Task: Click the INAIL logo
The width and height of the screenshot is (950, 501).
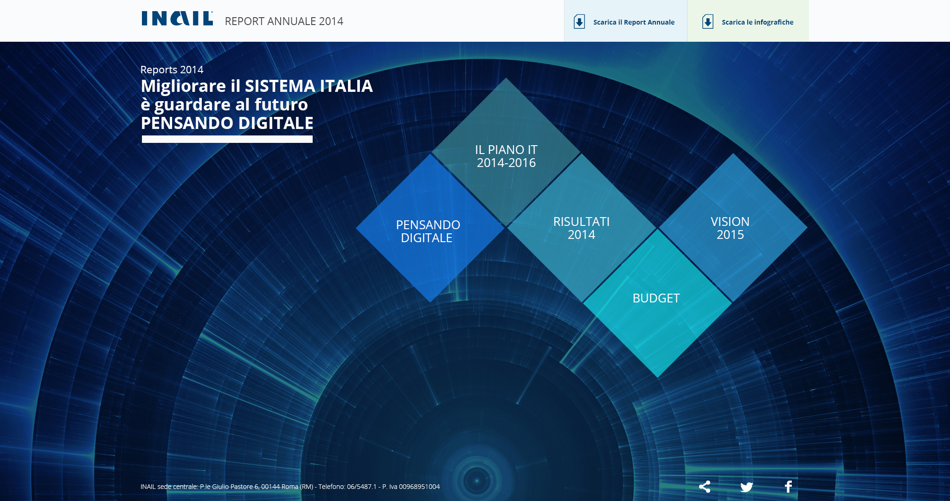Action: (177, 19)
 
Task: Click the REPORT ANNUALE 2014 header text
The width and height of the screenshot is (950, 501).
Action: (284, 21)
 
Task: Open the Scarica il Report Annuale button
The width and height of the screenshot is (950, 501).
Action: (625, 21)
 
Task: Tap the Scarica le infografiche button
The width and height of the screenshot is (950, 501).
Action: (748, 21)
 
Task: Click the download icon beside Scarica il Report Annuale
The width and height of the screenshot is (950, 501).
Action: (579, 22)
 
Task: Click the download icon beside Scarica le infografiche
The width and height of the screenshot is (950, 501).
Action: (708, 22)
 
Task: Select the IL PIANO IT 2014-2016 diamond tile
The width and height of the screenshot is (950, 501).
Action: (506, 152)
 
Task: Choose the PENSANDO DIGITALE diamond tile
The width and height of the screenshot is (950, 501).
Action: (430, 228)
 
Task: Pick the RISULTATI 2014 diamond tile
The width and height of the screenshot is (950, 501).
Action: (582, 228)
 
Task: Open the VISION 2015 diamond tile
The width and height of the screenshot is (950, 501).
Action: (733, 228)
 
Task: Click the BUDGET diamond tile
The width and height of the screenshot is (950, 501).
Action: (657, 303)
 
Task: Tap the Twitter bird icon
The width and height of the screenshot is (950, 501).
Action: (746, 487)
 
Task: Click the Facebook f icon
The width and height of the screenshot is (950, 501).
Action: (788, 487)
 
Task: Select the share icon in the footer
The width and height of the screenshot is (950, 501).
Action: (705, 487)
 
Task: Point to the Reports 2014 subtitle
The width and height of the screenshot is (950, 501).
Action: (172, 70)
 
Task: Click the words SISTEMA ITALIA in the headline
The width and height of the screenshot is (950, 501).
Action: (309, 86)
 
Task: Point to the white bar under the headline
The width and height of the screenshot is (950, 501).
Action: (227, 139)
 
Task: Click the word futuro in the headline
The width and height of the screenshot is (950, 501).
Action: (281, 105)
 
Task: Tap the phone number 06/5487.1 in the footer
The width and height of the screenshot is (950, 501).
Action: (362, 487)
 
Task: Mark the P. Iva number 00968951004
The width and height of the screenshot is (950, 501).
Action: (419, 487)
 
